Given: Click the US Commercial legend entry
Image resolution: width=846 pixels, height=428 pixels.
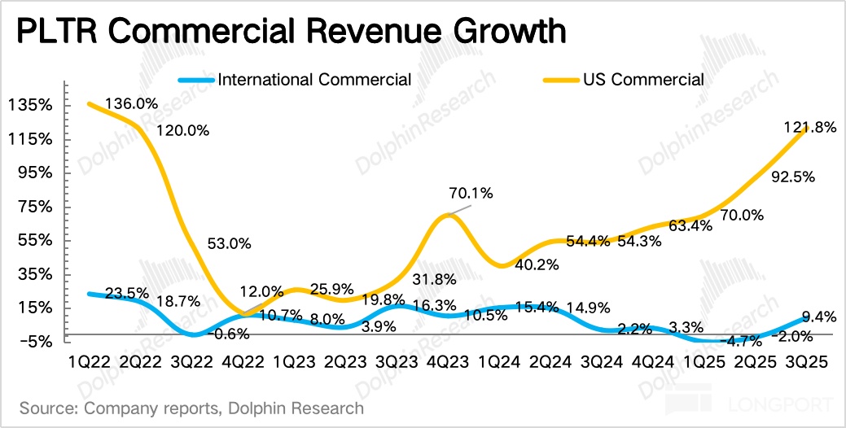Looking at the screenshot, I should point(642,80).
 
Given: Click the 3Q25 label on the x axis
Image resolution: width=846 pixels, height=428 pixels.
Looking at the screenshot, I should point(805,363).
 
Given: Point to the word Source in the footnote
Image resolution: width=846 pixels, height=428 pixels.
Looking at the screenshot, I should point(47,407).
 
